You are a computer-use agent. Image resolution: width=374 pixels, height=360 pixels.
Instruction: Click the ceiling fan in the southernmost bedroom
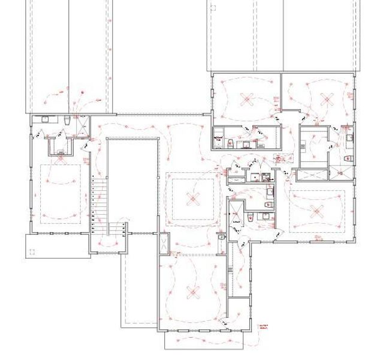point(192,292)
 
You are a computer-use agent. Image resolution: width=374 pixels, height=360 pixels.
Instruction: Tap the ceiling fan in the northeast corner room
point(325,98)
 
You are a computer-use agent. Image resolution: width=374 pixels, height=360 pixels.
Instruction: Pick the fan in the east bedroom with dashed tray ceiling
point(316,210)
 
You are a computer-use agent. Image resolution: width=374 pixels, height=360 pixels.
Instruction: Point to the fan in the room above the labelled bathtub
point(246,97)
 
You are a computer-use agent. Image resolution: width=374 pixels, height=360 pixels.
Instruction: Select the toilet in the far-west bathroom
point(67,122)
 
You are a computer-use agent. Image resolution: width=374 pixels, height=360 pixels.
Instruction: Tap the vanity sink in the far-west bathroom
point(45,119)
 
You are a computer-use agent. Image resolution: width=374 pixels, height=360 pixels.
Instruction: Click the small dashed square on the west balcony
point(32,251)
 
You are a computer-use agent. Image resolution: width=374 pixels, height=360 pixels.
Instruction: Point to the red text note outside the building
point(263,328)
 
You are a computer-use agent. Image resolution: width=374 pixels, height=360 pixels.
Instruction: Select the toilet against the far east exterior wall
point(349,158)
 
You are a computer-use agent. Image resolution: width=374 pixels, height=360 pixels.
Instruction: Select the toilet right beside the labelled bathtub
point(230,143)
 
